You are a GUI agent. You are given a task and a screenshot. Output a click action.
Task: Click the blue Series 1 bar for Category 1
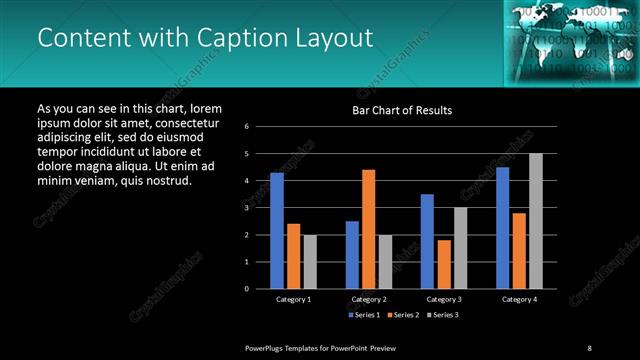tap(277, 231)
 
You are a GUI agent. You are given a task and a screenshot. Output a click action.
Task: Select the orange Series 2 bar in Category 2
tap(369, 229)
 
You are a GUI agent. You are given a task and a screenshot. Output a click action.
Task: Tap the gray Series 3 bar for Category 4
tap(536, 221)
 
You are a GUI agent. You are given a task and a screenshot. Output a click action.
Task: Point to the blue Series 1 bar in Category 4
tap(503, 228)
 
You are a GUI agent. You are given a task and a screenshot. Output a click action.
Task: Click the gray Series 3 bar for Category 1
tap(310, 262)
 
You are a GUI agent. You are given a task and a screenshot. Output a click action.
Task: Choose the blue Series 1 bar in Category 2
tap(352, 255)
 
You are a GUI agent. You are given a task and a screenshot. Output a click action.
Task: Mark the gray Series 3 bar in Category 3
tap(460, 248)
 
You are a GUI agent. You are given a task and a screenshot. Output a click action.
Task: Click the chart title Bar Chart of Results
tap(402, 110)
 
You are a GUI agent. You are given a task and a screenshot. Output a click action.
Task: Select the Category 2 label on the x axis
tap(368, 299)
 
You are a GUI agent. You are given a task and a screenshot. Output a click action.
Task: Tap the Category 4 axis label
tap(519, 299)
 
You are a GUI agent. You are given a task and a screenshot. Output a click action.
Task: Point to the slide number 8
tap(590, 347)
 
